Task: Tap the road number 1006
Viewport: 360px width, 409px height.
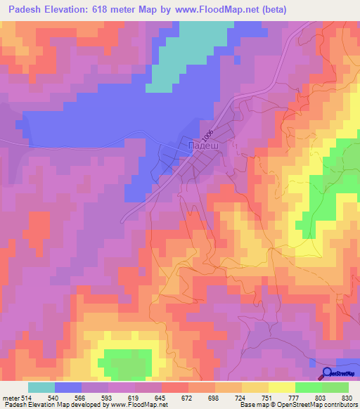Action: click(206, 133)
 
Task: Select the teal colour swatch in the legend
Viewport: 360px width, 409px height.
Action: click(41, 387)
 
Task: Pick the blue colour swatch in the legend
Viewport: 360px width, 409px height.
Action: click(68, 387)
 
